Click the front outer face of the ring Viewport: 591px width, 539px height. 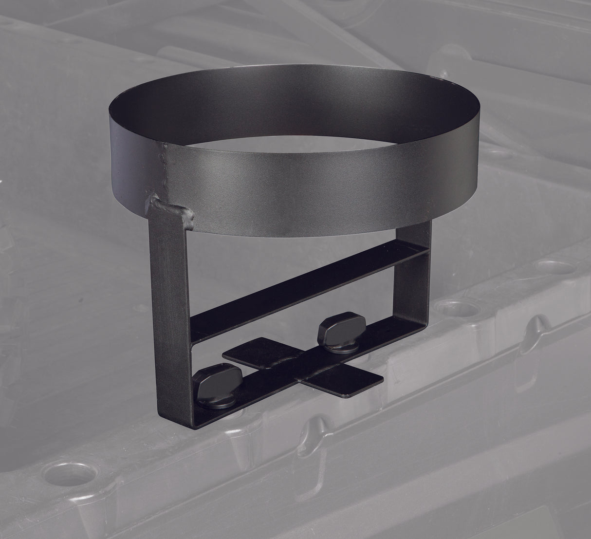click(302, 195)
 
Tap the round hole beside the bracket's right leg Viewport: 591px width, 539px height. click(450, 309)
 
